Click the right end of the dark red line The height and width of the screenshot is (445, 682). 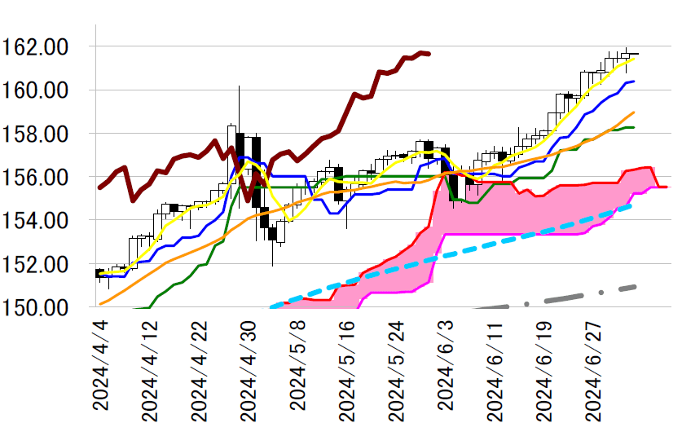pyautogui.click(x=429, y=54)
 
